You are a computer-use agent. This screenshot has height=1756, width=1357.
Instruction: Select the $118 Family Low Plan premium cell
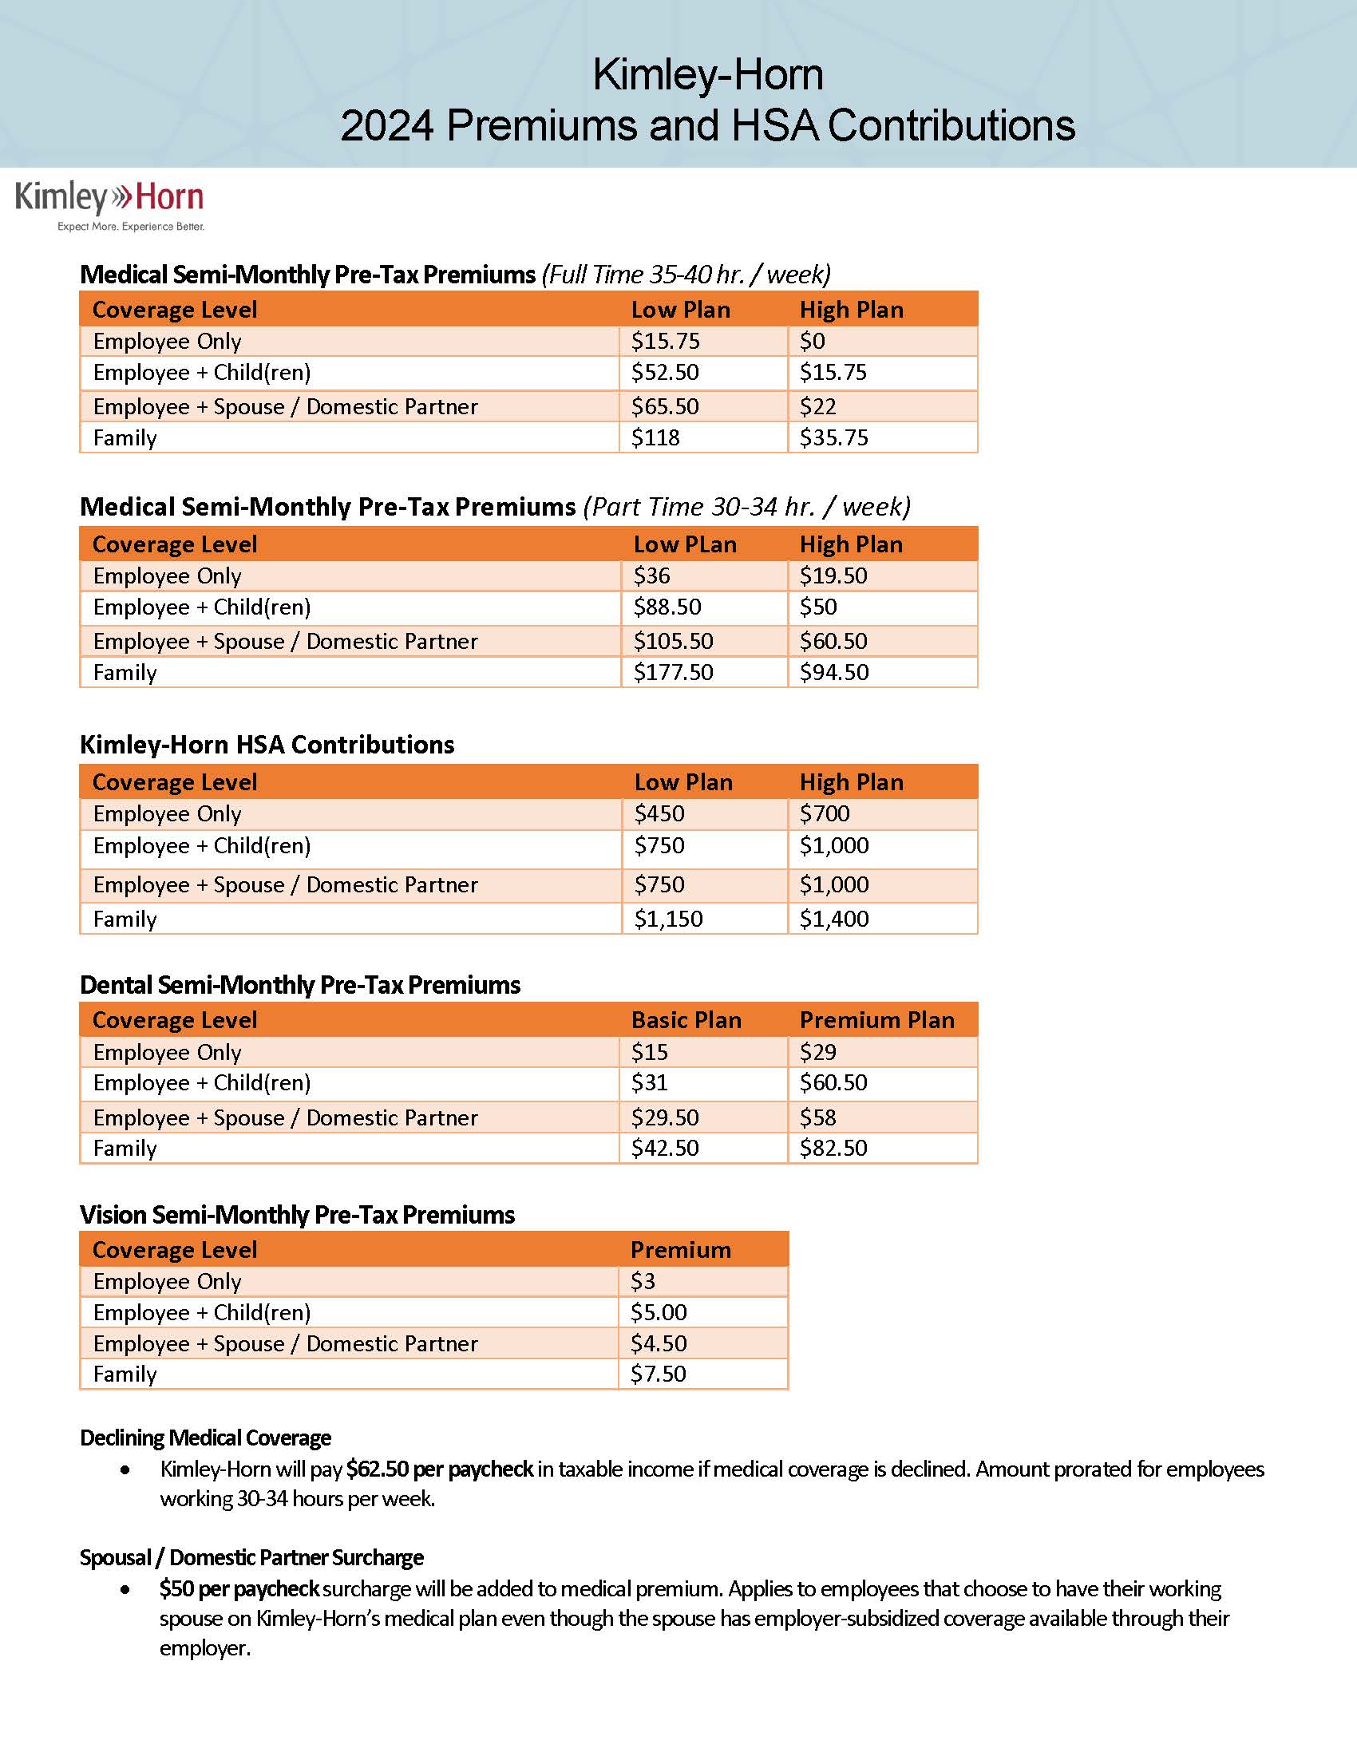[x=655, y=438]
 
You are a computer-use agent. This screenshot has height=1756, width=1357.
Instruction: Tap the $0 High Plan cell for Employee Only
[x=812, y=342]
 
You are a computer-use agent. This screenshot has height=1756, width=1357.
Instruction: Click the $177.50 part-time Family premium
[x=673, y=673]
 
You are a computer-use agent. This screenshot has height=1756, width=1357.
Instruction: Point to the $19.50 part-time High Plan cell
[x=833, y=576]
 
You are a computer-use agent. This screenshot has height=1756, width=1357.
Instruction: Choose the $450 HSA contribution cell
[x=659, y=814]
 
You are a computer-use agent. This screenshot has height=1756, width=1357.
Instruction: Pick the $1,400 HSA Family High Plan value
[x=833, y=919]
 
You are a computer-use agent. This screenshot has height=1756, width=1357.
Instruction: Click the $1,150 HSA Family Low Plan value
[x=668, y=919]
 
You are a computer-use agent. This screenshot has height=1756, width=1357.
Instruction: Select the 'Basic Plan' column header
[x=686, y=1020]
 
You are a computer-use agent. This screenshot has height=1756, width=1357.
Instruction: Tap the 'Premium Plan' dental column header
[x=876, y=1020]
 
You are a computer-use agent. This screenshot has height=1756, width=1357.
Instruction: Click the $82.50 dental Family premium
[x=833, y=1148]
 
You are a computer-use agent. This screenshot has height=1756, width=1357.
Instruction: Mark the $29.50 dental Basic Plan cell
[x=665, y=1117]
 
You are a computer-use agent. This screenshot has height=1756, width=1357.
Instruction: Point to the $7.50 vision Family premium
[x=658, y=1374]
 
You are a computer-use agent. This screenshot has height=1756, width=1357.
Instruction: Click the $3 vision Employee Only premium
[x=643, y=1282]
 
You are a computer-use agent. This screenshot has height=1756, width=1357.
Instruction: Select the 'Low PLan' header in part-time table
[x=684, y=545]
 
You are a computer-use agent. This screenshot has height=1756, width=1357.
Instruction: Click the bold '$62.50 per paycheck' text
[x=439, y=1469]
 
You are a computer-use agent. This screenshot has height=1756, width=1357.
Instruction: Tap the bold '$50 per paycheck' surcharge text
[x=239, y=1589]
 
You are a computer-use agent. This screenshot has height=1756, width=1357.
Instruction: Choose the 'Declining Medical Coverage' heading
[x=205, y=1438]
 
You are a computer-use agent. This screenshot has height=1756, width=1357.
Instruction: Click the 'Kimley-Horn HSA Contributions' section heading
[x=267, y=745]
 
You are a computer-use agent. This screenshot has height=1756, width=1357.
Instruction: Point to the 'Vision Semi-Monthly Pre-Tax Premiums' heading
[x=297, y=1215]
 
